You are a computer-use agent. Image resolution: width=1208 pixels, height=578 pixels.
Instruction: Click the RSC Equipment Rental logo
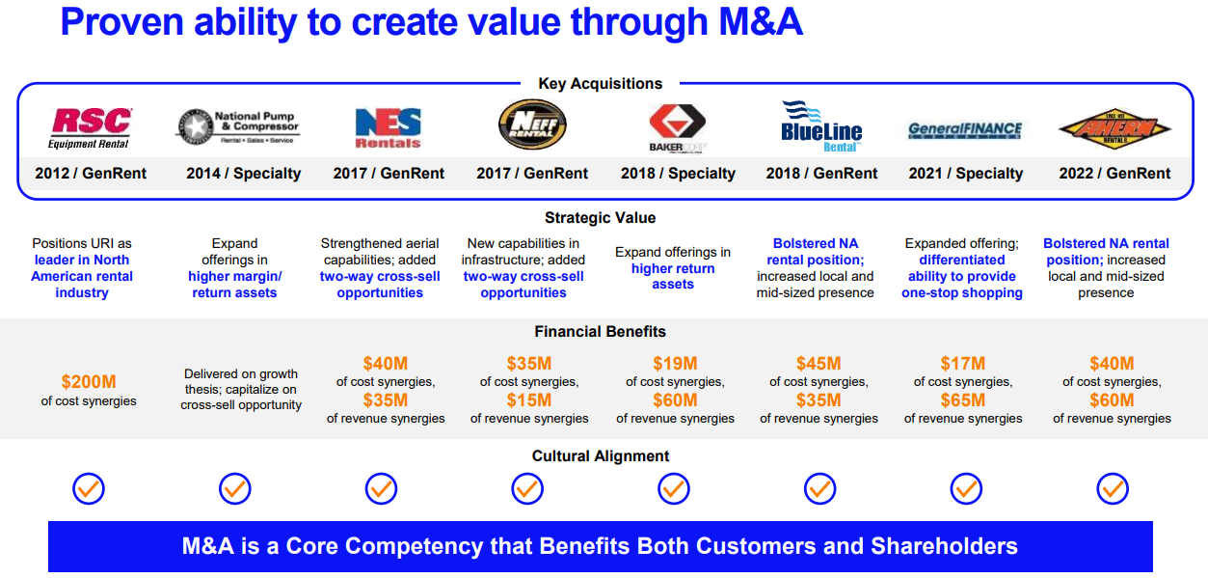[x=90, y=127]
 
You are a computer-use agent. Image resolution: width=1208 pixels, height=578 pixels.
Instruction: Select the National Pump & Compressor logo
[x=237, y=126]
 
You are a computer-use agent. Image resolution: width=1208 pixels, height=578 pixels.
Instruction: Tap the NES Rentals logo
[x=389, y=127]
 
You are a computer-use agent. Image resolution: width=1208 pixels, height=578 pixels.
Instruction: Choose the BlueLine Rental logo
[x=821, y=126]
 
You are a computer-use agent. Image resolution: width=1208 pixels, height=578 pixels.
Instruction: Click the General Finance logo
[x=965, y=130]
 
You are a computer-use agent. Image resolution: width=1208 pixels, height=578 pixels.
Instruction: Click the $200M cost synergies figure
[x=89, y=382]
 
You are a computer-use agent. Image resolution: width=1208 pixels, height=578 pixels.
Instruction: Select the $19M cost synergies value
[x=675, y=364]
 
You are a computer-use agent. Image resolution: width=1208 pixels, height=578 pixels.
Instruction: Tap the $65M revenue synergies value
[x=963, y=400]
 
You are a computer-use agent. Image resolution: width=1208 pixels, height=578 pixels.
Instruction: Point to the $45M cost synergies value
[x=819, y=364]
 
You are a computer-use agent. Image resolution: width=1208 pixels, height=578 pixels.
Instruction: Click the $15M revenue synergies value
[x=529, y=400]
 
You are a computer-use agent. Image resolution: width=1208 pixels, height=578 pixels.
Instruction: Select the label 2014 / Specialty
[x=244, y=174]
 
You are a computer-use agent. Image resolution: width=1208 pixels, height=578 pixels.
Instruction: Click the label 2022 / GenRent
[x=1114, y=174]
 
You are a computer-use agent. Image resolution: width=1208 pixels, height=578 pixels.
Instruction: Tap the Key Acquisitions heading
[x=601, y=84]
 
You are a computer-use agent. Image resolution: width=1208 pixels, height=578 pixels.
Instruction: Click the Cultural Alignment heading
[x=601, y=456]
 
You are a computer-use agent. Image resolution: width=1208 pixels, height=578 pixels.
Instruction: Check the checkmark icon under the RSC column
[x=89, y=489]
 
